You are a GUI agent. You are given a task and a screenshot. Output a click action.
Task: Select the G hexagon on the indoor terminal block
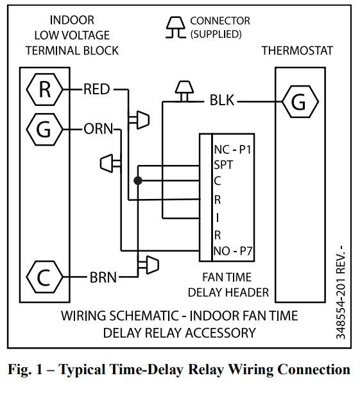(43, 129)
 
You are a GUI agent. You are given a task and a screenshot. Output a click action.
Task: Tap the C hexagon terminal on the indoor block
(43, 277)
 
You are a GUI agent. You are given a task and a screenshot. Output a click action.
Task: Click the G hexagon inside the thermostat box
(298, 101)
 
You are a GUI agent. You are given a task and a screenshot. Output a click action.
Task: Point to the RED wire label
(97, 90)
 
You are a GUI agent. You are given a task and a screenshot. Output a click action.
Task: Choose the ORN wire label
(98, 129)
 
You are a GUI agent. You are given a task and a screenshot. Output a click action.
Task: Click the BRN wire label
(103, 277)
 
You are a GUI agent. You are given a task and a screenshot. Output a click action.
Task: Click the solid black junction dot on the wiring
(137, 181)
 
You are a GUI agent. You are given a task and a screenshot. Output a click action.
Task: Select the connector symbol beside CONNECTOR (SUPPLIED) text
(175, 28)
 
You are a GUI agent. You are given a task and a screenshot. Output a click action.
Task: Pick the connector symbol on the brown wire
(150, 263)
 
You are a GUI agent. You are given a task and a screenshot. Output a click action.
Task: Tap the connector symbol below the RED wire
(139, 119)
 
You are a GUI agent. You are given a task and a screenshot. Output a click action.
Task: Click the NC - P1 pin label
(233, 150)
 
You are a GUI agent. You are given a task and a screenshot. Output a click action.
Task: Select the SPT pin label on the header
(223, 165)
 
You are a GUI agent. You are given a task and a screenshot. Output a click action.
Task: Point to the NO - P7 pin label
(234, 250)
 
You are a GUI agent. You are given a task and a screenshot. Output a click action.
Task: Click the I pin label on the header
(217, 217)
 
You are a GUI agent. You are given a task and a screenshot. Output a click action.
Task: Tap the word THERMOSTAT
(297, 50)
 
